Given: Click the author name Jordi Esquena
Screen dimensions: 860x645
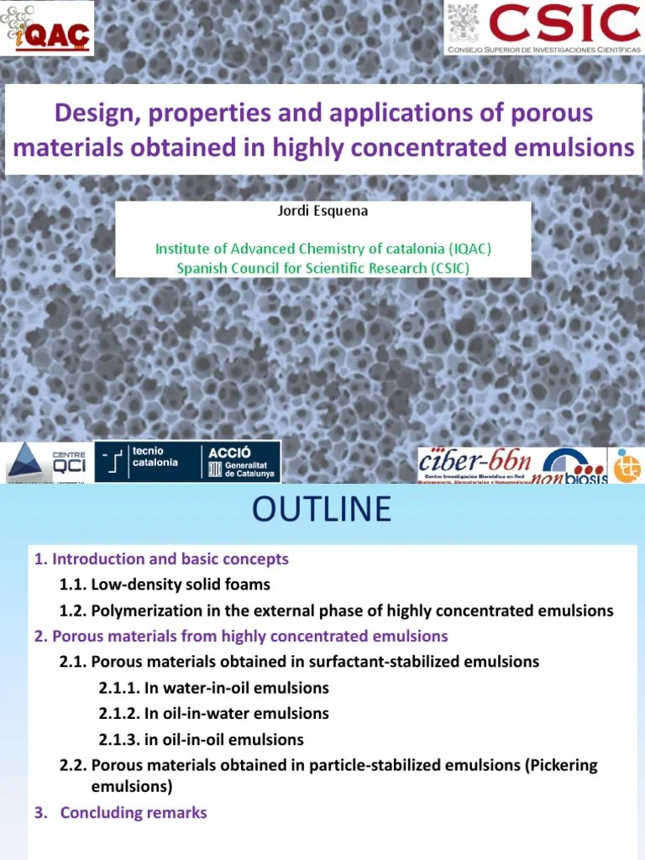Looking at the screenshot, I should tap(322, 211).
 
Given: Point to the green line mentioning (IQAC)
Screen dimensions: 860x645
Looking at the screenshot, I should tap(322, 249).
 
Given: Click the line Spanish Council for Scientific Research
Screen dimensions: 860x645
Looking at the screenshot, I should tap(322, 268).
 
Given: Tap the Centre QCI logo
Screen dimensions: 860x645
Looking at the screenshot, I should tap(48, 462).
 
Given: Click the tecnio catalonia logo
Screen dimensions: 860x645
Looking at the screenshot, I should tap(144, 461).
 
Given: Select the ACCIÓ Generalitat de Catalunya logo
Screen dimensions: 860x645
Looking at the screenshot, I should tap(239, 461).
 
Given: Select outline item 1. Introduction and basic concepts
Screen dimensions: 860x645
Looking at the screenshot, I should tap(161, 558).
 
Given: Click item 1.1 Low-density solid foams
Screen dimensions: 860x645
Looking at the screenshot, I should tap(165, 584).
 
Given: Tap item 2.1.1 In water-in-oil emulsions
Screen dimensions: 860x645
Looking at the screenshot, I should tap(213, 688).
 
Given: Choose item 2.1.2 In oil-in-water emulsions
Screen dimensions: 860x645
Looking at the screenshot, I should tap(213, 713).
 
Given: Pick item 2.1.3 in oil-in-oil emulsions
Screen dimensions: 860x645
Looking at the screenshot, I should tap(202, 739).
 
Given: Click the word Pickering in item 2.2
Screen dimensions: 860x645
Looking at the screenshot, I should tap(557, 765).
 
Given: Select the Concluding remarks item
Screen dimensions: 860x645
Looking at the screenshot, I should tap(133, 812).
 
